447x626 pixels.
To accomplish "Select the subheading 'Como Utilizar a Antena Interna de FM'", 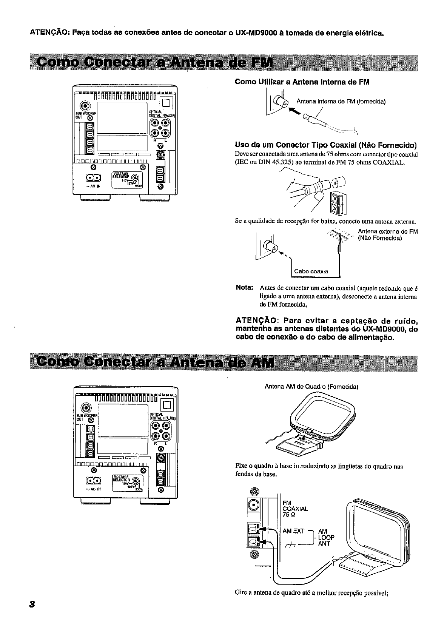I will [x=302, y=82].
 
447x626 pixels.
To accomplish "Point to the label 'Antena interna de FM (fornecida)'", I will [x=341, y=101].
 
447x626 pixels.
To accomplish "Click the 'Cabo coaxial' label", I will [x=312, y=271].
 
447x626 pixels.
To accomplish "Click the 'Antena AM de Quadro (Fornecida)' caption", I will [x=311, y=387].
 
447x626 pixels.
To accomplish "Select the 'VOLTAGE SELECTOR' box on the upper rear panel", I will [x=125, y=179].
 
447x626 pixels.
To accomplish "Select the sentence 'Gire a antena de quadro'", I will [x=311, y=592].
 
